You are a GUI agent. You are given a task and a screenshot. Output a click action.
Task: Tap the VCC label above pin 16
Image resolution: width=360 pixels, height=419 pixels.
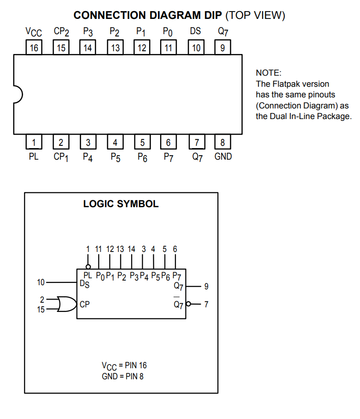(33, 32)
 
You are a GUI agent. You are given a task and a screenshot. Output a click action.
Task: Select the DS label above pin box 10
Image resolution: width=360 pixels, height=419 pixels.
(195, 32)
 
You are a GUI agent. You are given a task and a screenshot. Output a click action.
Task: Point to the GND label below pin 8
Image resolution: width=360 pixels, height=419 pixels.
(223, 156)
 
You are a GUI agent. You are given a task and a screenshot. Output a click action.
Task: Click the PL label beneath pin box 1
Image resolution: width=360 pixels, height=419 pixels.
(34, 156)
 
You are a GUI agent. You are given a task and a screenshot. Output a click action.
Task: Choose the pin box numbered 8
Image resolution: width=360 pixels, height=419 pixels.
(223, 142)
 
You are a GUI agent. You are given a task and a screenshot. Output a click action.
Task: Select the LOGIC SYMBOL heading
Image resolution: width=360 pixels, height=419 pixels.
(120, 204)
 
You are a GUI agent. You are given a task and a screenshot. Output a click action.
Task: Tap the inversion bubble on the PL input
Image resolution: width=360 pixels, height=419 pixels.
(88, 267)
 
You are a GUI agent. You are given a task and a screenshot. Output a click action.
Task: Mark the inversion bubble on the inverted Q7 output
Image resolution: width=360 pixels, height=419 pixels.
(188, 304)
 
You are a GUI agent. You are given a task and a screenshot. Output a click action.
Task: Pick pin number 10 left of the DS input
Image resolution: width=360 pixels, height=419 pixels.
(41, 282)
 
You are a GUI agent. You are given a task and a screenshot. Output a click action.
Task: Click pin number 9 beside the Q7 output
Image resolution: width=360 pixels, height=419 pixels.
(206, 287)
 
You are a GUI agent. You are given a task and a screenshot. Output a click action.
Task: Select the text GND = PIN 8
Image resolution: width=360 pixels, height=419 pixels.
(122, 376)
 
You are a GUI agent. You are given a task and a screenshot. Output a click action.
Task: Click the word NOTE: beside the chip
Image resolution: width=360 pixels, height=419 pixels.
(268, 73)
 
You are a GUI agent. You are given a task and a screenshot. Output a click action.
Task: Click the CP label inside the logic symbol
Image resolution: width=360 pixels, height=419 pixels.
(84, 305)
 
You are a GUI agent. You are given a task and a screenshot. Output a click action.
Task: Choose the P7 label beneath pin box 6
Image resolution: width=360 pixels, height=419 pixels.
(168, 157)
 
